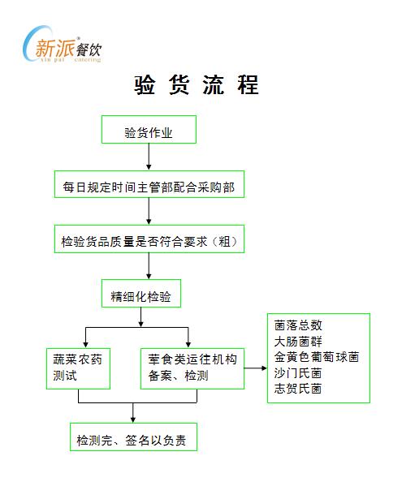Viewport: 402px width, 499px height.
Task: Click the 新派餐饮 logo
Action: (x=62, y=45)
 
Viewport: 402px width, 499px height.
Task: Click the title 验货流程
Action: (x=197, y=85)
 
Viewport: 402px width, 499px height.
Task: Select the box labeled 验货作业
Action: (x=149, y=130)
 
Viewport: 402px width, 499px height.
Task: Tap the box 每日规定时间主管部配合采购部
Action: (x=149, y=184)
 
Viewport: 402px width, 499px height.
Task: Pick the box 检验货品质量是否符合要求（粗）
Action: (x=149, y=239)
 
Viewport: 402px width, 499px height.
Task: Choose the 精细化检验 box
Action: (x=141, y=294)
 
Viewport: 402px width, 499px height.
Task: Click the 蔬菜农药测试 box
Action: (x=78, y=368)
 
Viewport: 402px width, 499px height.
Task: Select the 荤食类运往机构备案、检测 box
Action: (x=192, y=368)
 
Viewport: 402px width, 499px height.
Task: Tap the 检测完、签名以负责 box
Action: (x=133, y=437)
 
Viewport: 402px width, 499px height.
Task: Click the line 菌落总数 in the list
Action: (x=298, y=325)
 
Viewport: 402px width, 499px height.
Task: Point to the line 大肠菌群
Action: (x=298, y=342)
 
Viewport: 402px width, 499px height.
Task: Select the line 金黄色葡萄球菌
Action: (x=317, y=357)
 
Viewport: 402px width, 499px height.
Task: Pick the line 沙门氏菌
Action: (x=298, y=373)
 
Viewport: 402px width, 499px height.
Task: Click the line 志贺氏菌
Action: (x=298, y=389)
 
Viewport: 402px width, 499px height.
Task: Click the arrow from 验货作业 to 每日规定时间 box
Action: (x=149, y=157)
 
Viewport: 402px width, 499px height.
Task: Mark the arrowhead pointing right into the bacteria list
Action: (x=264, y=368)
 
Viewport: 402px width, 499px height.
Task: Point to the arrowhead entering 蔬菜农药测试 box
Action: (x=85, y=345)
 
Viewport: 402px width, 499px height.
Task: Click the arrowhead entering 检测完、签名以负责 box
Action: (x=133, y=419)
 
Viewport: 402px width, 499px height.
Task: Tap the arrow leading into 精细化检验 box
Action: (x=149, y=266)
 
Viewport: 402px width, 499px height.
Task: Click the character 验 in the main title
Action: (x=145, y=85)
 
